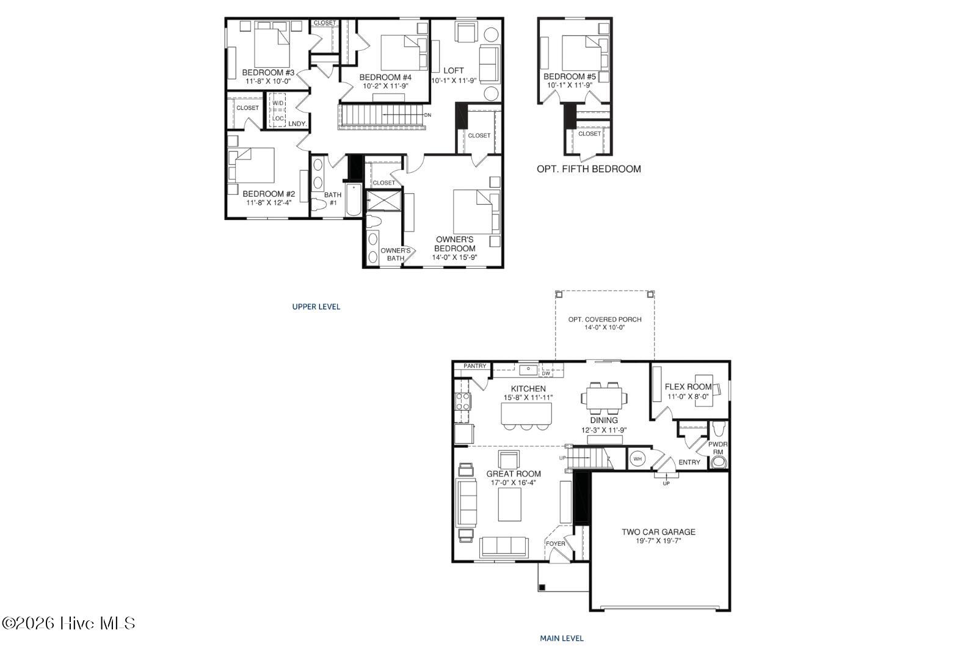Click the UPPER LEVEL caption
point(316,307)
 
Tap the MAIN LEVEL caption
point(562,639)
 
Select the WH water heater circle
point(637,459)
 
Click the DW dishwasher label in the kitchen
point(546,373)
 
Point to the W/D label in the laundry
point(278,103)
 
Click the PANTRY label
point(474,365)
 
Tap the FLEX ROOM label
point(688,387)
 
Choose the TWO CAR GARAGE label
point(659,532)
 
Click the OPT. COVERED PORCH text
point(605,320)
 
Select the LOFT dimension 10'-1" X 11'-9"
point(454,81)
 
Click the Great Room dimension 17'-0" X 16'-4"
point(514,483)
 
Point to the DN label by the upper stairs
point(427,115)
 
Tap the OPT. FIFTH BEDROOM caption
point(589,169)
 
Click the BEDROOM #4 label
point(385,77)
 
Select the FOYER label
point(555,544)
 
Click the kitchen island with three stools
point(526,416)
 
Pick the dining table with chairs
point(604,398)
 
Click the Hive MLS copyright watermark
point(68,623)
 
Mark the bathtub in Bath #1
point(354,200)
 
